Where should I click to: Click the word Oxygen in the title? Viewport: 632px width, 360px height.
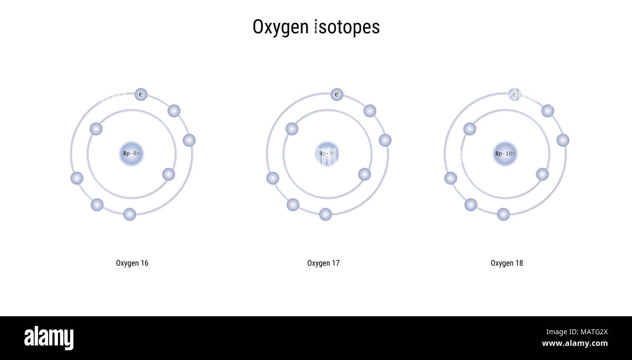click(x=281, y=27)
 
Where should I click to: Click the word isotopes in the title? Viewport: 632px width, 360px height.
click(x=347, y=27)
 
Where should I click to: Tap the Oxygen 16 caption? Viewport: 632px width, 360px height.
click(x=132, y=263)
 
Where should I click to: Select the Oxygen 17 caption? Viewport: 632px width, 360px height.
click(x=323, y=263)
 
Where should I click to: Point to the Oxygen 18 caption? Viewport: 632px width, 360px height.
click(x=507, y=263)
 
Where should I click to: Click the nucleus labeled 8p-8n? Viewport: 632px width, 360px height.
click(x=131, y=154)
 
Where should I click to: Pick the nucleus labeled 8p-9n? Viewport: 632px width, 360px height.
click(x=327, y=154)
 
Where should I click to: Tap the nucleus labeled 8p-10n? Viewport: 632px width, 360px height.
click(x=505, y=154)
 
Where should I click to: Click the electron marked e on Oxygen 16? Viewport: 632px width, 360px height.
click(x=141, y=94)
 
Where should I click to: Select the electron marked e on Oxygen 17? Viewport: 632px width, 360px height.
click(x=337, y=94)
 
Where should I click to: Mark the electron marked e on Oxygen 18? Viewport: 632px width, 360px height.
click(x=515, y=94)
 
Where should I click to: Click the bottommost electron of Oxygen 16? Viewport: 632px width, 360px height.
click(x=129, y=214)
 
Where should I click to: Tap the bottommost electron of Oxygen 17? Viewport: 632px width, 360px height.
click(x=325, y=214)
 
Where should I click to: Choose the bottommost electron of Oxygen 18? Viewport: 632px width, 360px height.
click(x=503, y=214)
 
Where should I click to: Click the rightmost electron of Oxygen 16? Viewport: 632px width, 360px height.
click(x=189, y=140)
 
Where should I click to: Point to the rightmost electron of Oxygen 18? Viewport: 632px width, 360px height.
click(x=563, y=140)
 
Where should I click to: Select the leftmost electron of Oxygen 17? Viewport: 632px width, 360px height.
click(x=273, y=178)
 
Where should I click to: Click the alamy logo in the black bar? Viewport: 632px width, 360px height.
click(x=49, y=338)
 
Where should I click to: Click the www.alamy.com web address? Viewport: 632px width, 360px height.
click(x=575, y=343)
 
